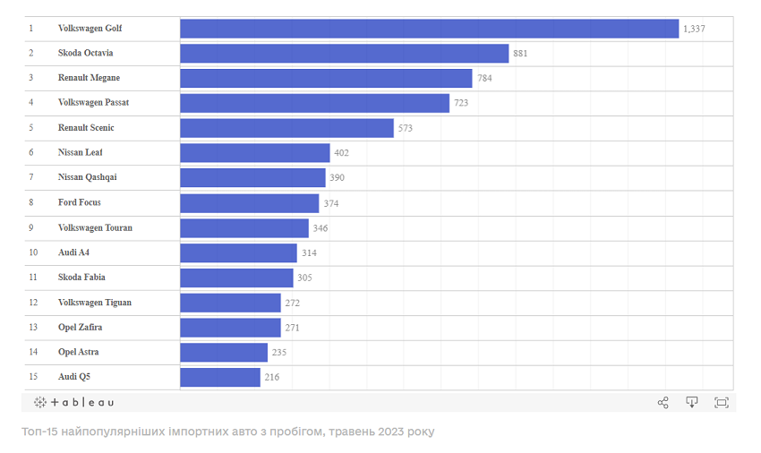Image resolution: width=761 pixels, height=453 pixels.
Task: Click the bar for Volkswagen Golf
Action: pos(429,29)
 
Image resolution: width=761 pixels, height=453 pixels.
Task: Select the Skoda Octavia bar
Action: pos(344,54)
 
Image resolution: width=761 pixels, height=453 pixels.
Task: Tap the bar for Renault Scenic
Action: pos(286,128)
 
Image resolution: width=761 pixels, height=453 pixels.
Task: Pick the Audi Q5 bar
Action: pos(220,377)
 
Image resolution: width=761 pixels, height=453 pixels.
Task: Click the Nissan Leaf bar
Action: pos(255,153)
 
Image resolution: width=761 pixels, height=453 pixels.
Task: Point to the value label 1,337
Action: pos(694,29)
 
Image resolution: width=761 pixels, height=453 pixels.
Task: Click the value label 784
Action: pos(484,78)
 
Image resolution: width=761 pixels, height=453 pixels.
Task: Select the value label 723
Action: pos(461,103)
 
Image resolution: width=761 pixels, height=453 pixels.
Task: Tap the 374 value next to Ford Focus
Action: pos(331,203)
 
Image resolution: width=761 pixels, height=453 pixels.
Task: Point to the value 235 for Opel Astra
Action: pos(279,353)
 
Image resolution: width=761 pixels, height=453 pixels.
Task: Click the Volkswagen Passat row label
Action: pos(93,103)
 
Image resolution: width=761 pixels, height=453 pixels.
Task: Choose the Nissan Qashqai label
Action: pos(87,177)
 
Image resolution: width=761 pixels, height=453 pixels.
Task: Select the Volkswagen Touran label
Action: pos(95,227)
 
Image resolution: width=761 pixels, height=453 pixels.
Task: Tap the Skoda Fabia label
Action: pos(81,278)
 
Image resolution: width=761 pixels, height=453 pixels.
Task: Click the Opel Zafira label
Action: pos(80,328)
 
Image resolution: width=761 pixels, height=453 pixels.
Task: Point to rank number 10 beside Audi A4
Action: pos(32,252)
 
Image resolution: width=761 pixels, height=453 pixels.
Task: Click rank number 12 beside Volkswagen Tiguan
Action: pos(32,303)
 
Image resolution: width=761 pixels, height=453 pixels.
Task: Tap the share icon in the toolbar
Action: pos(663,403)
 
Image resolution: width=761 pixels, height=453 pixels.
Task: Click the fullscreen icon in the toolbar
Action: pos(722,403)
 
